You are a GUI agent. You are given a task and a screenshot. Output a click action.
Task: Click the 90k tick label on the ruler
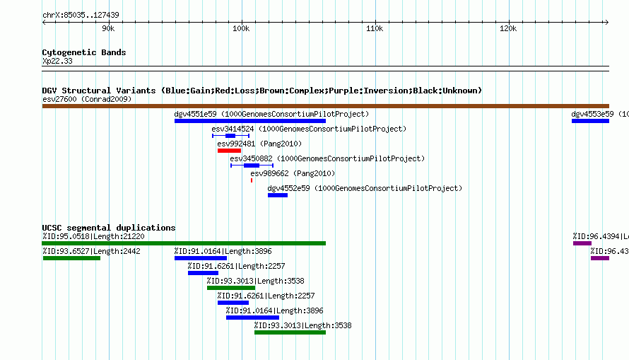(108, 28)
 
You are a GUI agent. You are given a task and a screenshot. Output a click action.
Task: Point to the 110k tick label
(375, 28)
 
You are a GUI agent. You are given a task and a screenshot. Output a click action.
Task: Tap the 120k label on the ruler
(508, 28)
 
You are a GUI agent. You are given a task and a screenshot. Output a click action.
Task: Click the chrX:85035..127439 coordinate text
(81, 15)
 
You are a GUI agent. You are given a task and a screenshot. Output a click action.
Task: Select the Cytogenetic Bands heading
(84, 52)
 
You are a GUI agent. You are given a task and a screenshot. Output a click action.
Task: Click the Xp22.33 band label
(57, 61)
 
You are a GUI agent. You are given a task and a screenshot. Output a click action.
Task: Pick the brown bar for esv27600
(325, 106)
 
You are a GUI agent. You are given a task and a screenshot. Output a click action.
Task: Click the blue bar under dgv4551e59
(250, 121)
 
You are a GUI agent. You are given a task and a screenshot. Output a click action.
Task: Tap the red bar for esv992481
(229, 151)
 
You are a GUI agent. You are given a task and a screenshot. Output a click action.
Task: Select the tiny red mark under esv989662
(252, 180)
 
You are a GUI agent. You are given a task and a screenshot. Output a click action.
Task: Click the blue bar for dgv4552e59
(278, 195)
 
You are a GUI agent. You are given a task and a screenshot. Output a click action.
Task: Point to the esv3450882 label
(251, 158)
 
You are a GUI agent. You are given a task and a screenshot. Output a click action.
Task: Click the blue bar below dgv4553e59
(590, 121)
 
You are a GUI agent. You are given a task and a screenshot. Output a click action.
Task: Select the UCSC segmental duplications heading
(109, 228)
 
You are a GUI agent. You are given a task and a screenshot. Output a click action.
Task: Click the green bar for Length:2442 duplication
(71, 258)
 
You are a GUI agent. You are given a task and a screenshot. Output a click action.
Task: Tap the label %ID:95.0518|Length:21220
(93, 236)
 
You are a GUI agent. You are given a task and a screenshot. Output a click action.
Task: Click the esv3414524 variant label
(233, 129)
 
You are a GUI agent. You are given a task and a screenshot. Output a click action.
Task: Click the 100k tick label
(241, 28)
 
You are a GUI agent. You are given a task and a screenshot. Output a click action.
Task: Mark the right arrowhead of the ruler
(607, 23)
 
